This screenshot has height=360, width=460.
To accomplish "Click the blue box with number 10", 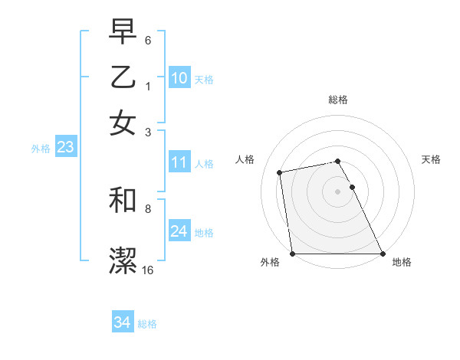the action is (179, 78).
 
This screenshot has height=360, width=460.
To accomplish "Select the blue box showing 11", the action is (179, 162).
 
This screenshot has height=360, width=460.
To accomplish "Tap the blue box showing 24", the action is (179, 231).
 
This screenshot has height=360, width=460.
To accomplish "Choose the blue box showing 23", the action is (65, 148).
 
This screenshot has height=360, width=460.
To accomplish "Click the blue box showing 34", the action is (122, 323).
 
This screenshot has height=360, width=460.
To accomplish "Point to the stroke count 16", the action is (148, 270).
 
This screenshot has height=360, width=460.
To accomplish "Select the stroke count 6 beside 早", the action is (148, 39).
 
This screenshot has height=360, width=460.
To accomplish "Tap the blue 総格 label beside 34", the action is (147, 324).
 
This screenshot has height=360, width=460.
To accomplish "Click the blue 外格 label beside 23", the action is (41, 149).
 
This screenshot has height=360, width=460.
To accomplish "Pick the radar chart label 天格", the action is (432, 159).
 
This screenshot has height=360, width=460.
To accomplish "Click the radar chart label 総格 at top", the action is (338, 100).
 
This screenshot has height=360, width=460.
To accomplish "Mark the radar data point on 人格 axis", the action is (281, 172).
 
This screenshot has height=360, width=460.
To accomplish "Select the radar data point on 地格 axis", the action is (383, 254).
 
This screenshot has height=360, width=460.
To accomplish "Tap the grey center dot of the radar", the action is (338, 191).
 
